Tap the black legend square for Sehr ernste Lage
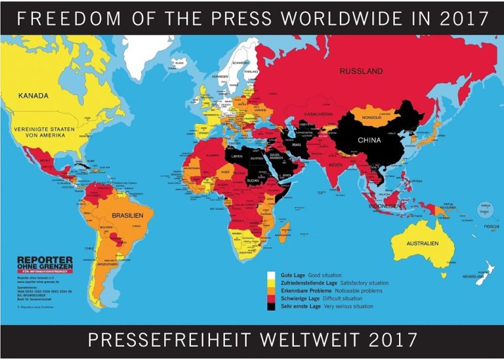(270, 306)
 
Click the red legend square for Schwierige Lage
(270, 298)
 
